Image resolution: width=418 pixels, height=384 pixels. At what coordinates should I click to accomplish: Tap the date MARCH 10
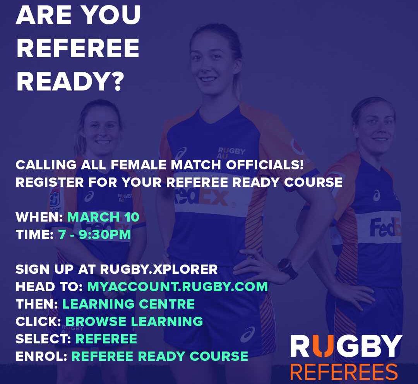tap(103, 217)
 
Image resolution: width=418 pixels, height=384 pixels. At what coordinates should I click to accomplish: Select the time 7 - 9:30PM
tap(94, 235)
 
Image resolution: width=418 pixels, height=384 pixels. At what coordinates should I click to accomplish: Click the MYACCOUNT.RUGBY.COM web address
tap(178, 287)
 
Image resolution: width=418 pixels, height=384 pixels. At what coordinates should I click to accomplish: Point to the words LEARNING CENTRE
tap(129, 304)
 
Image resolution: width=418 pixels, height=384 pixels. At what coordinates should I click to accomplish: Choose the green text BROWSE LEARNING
tap(134, 321)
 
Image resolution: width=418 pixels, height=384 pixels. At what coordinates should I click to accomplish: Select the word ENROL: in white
tap(41, 356)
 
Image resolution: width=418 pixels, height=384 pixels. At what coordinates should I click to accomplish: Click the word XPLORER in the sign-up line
tap(185, 269)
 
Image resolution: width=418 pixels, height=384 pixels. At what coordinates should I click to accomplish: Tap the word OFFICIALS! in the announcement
tap(265, 165)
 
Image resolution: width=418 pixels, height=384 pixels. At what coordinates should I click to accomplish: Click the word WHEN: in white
tap(39, 217)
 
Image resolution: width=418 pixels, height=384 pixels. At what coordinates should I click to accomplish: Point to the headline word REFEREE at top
tap(78, 48)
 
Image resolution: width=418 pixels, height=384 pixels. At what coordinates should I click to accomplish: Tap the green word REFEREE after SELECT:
tap(106, 339)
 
